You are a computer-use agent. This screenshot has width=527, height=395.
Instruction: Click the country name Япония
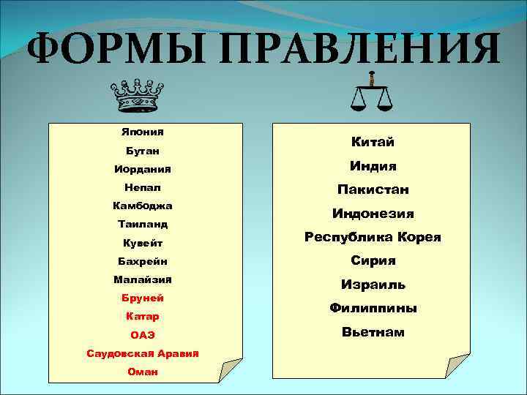pyautogui.click(x=143, y=132)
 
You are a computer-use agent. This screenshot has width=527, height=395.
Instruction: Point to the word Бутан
pyautogui.click(x=143, y=151)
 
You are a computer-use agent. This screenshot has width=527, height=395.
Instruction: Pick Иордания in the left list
pyautogui.click(x=143, y=169)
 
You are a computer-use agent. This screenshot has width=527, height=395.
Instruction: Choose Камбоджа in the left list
pyautogui.click(x=143, y=206)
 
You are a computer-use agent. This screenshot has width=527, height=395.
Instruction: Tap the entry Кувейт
pyautogui.click(x=143, y=243)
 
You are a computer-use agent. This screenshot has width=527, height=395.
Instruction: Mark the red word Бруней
pyautogui.click(x=143, y=298)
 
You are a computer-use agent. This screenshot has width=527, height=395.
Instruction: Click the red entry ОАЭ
pyautogui.click(x=143, y=335)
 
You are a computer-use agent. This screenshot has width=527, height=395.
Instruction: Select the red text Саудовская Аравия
pyautogui.click(x=143, y=353)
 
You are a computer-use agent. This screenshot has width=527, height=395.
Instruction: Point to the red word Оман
pyautogui.click(x=143, y=372)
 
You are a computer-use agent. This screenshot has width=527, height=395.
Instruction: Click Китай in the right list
pyautogui.click(x=373, y=142)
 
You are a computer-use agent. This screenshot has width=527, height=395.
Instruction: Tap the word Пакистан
pyautogui.click(x=373, y=189)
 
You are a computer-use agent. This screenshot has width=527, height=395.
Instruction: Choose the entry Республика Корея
pyautogui.click(x=373, y=237)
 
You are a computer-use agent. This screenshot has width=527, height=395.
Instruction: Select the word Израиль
pyautogui.click(x=373, y=285)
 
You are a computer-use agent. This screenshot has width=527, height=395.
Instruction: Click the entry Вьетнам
pyautogui.click(x=373, y=332)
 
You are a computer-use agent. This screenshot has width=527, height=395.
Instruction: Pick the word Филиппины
pyautogui.click(x=373, y=308)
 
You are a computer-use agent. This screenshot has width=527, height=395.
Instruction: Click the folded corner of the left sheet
pyautogui.click(x=229, y=369)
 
